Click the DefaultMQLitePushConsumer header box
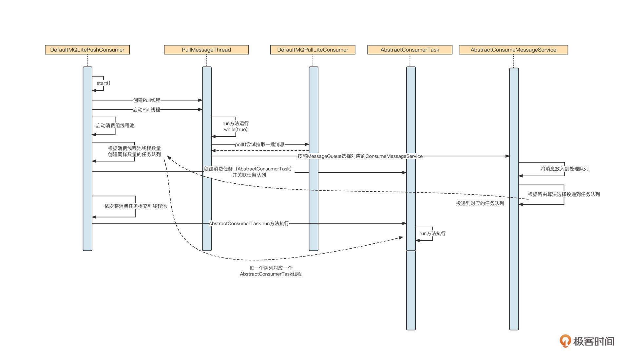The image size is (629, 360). click(x=87, y=50)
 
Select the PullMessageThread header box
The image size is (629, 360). click(x=206, y=50)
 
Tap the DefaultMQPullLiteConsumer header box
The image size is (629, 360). click(x=313, y=50)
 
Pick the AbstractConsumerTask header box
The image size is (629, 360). click(x=410, y=50)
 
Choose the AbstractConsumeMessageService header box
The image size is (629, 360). click(x=513, y=50)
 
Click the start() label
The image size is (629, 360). click(x=103, y=83)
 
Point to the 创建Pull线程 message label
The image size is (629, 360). click(x=147, y=100)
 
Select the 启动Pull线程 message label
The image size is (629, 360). click(x=146, y=109)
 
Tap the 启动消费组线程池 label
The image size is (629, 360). click(x=115, y=125)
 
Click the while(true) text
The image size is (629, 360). click(x=236, y=129)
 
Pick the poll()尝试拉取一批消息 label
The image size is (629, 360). click(x=259, y=144)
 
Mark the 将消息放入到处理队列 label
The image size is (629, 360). click(x=564, y=169)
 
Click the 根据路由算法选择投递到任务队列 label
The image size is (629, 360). click(x=563, y=194)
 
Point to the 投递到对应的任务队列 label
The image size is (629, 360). click(x=480, y=203)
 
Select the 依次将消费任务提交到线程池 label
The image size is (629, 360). click(x=135, y=206)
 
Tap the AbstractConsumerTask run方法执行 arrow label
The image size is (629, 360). click(x=249, y=223)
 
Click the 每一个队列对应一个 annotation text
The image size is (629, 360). click(x=271, y=268)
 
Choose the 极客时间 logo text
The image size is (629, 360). click(x=593, y=341)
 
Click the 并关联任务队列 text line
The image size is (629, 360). click(x=249, y=175)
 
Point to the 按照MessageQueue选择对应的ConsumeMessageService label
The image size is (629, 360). click(x=360, y=156)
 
